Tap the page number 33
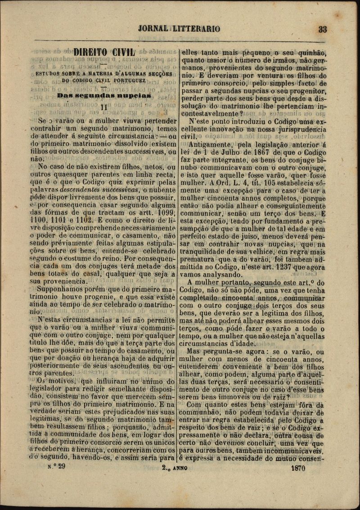(322, 29)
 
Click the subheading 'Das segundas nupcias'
(103, 96)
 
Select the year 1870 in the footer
(297, 468)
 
